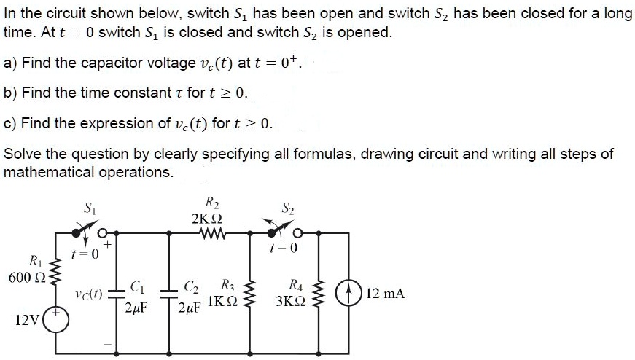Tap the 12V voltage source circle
(x=59, y=321)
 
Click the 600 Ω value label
(x=22, y=277)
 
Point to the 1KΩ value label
(x=222, y=301)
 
